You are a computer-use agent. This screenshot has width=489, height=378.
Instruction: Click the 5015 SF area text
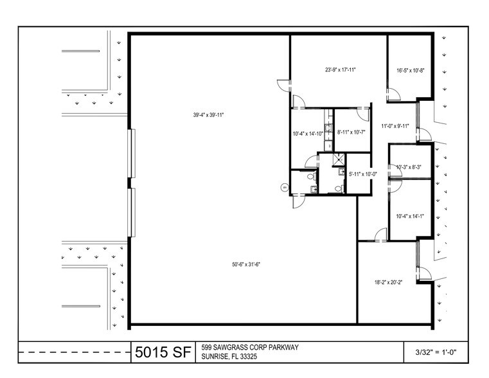[x=163, y=352]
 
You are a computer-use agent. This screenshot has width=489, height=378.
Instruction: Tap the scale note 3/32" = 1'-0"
[x=436, y=353]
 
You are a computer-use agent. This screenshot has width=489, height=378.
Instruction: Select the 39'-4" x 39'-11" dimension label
[x=208, y=115]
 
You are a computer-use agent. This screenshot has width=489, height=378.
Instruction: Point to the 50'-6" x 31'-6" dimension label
[x=246, y=264]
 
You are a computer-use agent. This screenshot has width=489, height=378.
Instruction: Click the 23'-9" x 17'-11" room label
[x=340, y=70]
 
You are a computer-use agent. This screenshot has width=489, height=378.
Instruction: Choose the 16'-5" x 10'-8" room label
[x=411, y=71]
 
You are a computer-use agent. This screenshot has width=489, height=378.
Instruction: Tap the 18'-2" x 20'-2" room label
[x=388, y=283]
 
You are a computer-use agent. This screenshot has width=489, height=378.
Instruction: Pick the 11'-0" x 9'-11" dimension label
[x=395, y=126]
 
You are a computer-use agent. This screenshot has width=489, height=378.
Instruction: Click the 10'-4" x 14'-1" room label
[x=410, y=216]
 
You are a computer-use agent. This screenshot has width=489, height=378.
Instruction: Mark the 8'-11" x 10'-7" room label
[x=351, y=132]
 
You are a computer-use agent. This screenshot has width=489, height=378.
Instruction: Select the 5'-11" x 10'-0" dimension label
[x=362, y=174]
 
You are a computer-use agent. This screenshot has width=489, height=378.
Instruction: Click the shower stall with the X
[x=339, y=158]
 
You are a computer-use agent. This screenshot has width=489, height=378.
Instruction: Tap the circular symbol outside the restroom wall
[x=285, y=188]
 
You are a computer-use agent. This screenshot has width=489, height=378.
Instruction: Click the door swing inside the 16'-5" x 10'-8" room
[x=394, y=94]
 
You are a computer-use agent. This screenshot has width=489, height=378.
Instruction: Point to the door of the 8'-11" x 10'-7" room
[x=363, y=114]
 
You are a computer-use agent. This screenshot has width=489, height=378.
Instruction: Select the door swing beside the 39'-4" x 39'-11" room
[x=284, y=85]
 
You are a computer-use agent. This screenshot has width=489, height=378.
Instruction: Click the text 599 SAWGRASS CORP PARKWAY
[x=250, y=347]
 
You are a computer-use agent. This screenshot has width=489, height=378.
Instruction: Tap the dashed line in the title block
[x=75, y=352]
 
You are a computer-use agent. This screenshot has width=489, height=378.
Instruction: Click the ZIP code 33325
[x=248, y=357]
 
